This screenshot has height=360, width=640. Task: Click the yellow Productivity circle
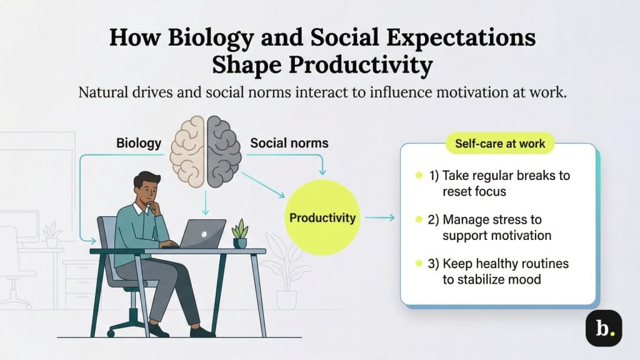(322, 218)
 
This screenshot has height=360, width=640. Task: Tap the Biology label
(139, 143)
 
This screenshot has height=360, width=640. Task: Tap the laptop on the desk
(204, 233)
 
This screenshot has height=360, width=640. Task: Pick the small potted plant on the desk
(240, 233)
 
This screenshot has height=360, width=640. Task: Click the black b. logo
(604, 327)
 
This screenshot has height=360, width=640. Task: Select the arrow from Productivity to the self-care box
(380, 218)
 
